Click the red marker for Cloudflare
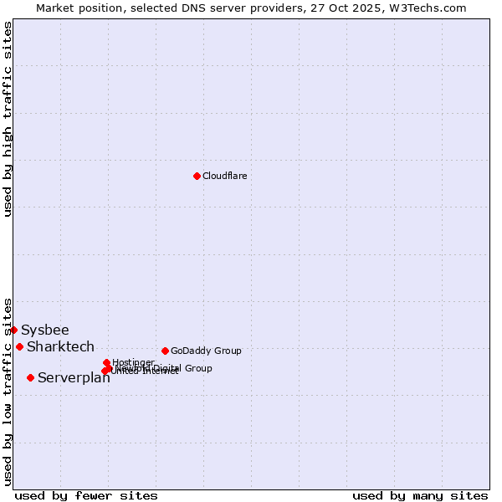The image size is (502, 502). pyautogui.click(x=197, y=176)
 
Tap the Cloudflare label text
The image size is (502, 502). pyautogui.click(x=224, y=176)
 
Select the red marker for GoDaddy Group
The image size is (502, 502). pyautogui.click(x=165, y=351)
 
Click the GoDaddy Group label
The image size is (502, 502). pyautogui.click(x=206, y=351)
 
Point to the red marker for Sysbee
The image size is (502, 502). pyautogui.click(x=14, y=330)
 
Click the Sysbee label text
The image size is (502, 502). pyautogui.click(x=45, y=330)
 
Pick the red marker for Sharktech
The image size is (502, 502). pyautogui.click(x=19, y=346)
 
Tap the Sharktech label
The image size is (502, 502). pyautogui.click(x=60, y=346)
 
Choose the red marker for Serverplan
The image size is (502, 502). pyautogui.click(x=30, y=377)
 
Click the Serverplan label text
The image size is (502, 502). pyautogui.click(x=74, y=378)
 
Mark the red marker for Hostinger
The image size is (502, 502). pyautogui.click(x=106, y=362)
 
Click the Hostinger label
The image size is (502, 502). pyautogui.click(x=133, y=362)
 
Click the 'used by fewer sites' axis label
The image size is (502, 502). pyautogui.click(x=86, y=495)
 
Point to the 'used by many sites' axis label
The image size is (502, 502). pyautogui.click(x=420, y=495)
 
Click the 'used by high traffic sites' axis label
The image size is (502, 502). pyautogui.click(x=8, y=119)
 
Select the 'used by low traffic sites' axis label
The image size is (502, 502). pyautogui.click(x=8, y=391)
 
